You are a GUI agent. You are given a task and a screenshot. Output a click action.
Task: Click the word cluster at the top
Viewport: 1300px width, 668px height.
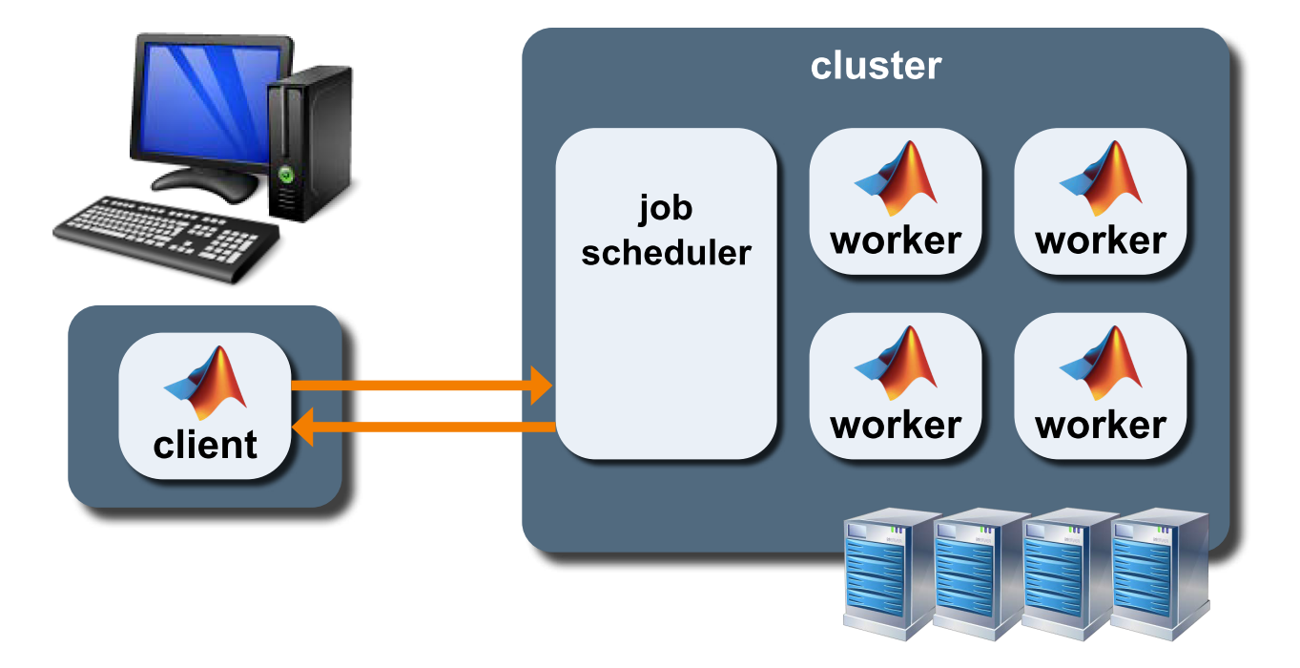pyautogui.click(x=876, y=67)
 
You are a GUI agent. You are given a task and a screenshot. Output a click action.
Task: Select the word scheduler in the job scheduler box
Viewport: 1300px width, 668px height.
pyautogui.click(x=667, y=253)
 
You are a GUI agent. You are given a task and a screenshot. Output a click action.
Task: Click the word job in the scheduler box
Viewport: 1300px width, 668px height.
pyautogui.click(x=666, y=207)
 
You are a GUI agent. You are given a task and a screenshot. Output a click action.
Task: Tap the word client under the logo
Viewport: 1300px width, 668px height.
pyautogui.click(x=205, y=445)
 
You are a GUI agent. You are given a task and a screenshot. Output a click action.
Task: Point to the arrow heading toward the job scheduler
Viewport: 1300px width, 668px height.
pyautogui.click(x=420, y=386)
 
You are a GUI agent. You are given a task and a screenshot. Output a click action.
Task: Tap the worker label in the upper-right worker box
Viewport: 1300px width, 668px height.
pyautogui.click(x=1101, y=240)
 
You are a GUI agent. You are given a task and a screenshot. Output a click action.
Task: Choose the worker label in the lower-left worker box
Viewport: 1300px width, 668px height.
pyautogui.click(x=896, y=425)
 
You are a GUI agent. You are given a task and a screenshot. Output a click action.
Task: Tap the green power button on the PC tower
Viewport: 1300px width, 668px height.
pyautogui.click(x=284, y=174)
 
